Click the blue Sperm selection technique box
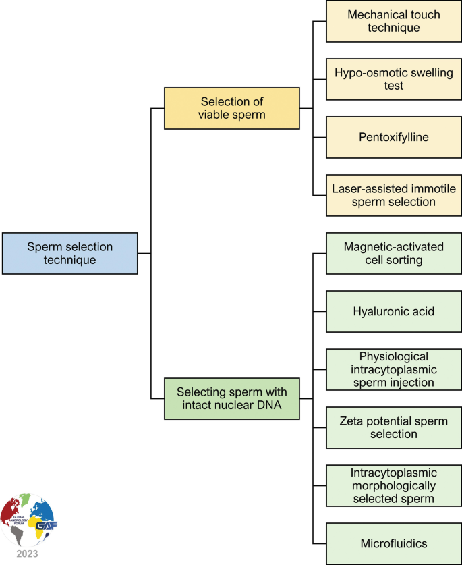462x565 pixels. (x=69, y=253)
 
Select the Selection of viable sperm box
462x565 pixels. (x=231, y=108)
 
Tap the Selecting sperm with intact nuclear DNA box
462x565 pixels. (x=231, y=398)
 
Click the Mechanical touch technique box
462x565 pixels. (x=394, y=21)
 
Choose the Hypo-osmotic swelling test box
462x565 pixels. (x=394, y=79)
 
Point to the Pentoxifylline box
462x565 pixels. (x=394, y=137)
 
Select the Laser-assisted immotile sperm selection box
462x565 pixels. (x=394, y=195)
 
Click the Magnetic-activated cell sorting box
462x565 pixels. (x=394, y=253)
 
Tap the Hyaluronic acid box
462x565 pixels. (x=394, y=311)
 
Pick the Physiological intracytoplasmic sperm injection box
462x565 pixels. (x=394, y=369)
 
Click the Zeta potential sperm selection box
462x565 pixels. (x=394, y=427)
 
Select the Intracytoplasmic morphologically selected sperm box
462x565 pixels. (x=394, y=485)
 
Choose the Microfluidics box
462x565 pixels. (x=394, y=543)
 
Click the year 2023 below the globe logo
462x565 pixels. (x=28, y=554)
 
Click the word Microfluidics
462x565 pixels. (x=394, y=543)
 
